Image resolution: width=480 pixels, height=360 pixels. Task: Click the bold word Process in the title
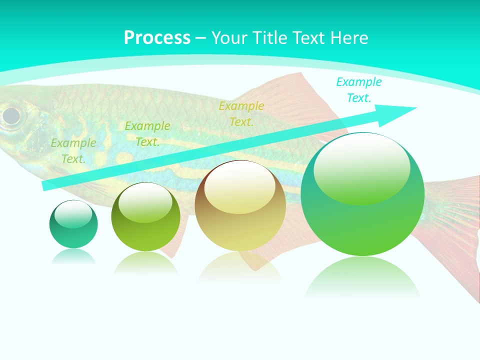click(157, 38)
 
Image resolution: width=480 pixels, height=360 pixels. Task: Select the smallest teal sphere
click(73, 224)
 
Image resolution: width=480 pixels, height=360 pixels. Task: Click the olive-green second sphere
click(145, 216)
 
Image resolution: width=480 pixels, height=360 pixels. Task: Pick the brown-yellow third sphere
click(240, 205)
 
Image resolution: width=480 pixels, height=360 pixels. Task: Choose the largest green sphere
click(362, 194)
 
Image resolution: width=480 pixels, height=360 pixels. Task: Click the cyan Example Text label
click(358, 90)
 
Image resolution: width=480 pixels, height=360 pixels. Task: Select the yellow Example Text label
click(241, 113)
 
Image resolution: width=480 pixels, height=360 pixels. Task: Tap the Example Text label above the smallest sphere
click(73, 151)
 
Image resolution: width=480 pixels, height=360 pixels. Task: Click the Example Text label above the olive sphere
click(147, 134)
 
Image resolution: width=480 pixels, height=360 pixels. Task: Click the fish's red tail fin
click(452, 225)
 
